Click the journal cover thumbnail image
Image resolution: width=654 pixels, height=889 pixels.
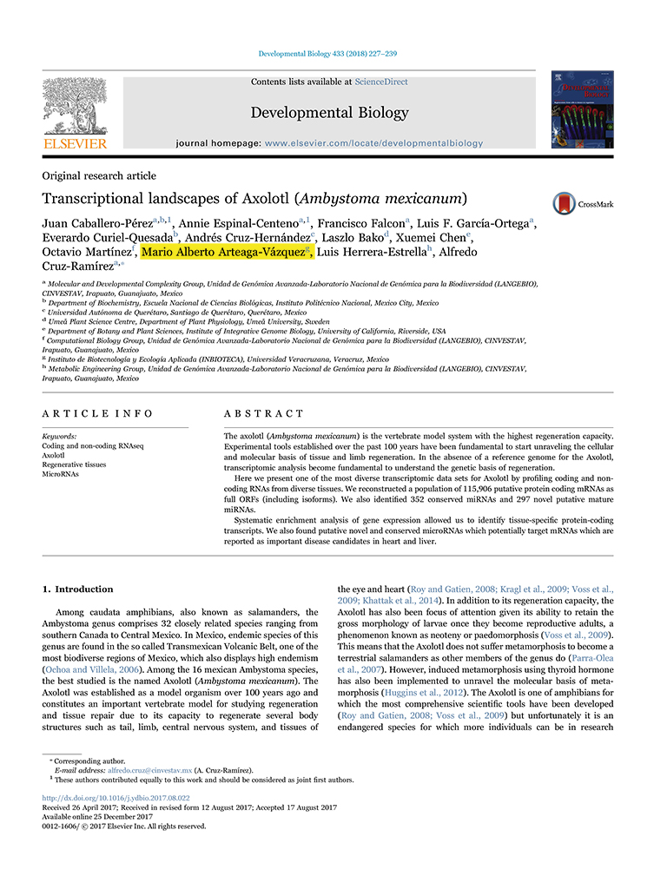581,110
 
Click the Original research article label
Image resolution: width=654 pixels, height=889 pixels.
99,175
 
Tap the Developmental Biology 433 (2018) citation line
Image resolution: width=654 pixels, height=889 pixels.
327,54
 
